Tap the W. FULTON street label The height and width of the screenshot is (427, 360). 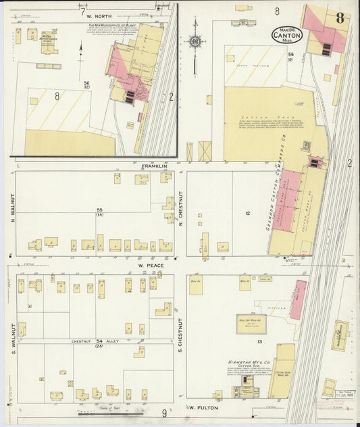[201, 408]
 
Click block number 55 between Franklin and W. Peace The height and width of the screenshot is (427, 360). [99, 210]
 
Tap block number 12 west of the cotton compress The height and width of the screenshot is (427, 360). [248, 214]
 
